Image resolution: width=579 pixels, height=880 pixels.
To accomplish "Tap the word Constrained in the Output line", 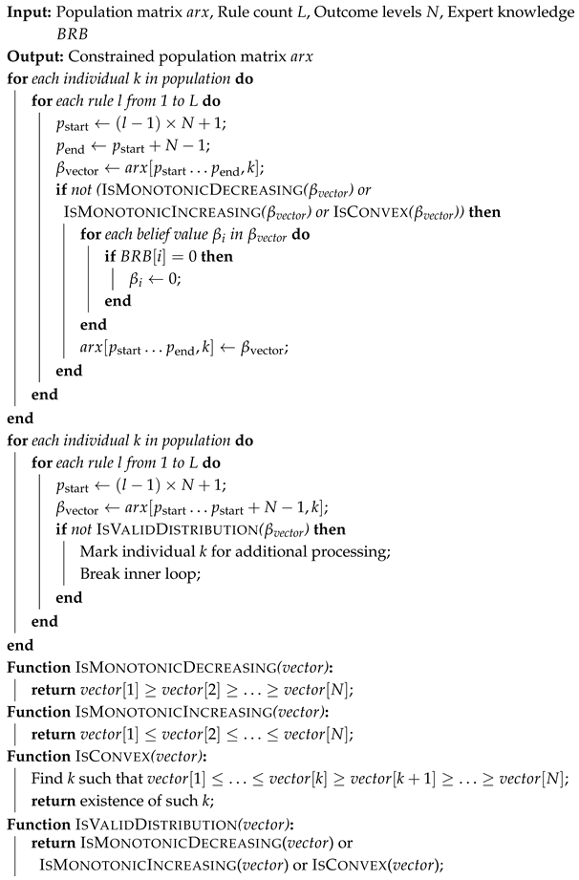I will click(x=103, y=54).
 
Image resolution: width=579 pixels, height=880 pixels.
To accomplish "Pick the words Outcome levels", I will click(x=367, y=13).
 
